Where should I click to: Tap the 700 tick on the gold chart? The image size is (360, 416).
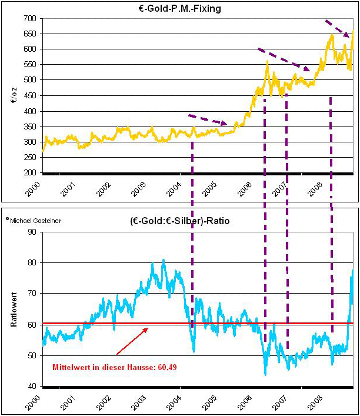click(x=30, y=19)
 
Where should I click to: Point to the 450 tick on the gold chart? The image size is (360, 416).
click(x=30, y=96)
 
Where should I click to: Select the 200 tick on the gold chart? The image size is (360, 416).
click(x=30, y=173)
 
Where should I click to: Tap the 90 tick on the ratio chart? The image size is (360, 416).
click(x=32, y=232)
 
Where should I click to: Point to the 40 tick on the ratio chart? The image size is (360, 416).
click(x=32, y=387)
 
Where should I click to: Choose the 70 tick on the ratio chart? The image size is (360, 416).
click(x=32, y=294)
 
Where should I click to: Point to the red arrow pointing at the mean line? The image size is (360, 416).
click(x=131, y=342)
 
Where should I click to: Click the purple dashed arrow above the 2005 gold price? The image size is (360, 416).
click(x=207, y=119)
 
